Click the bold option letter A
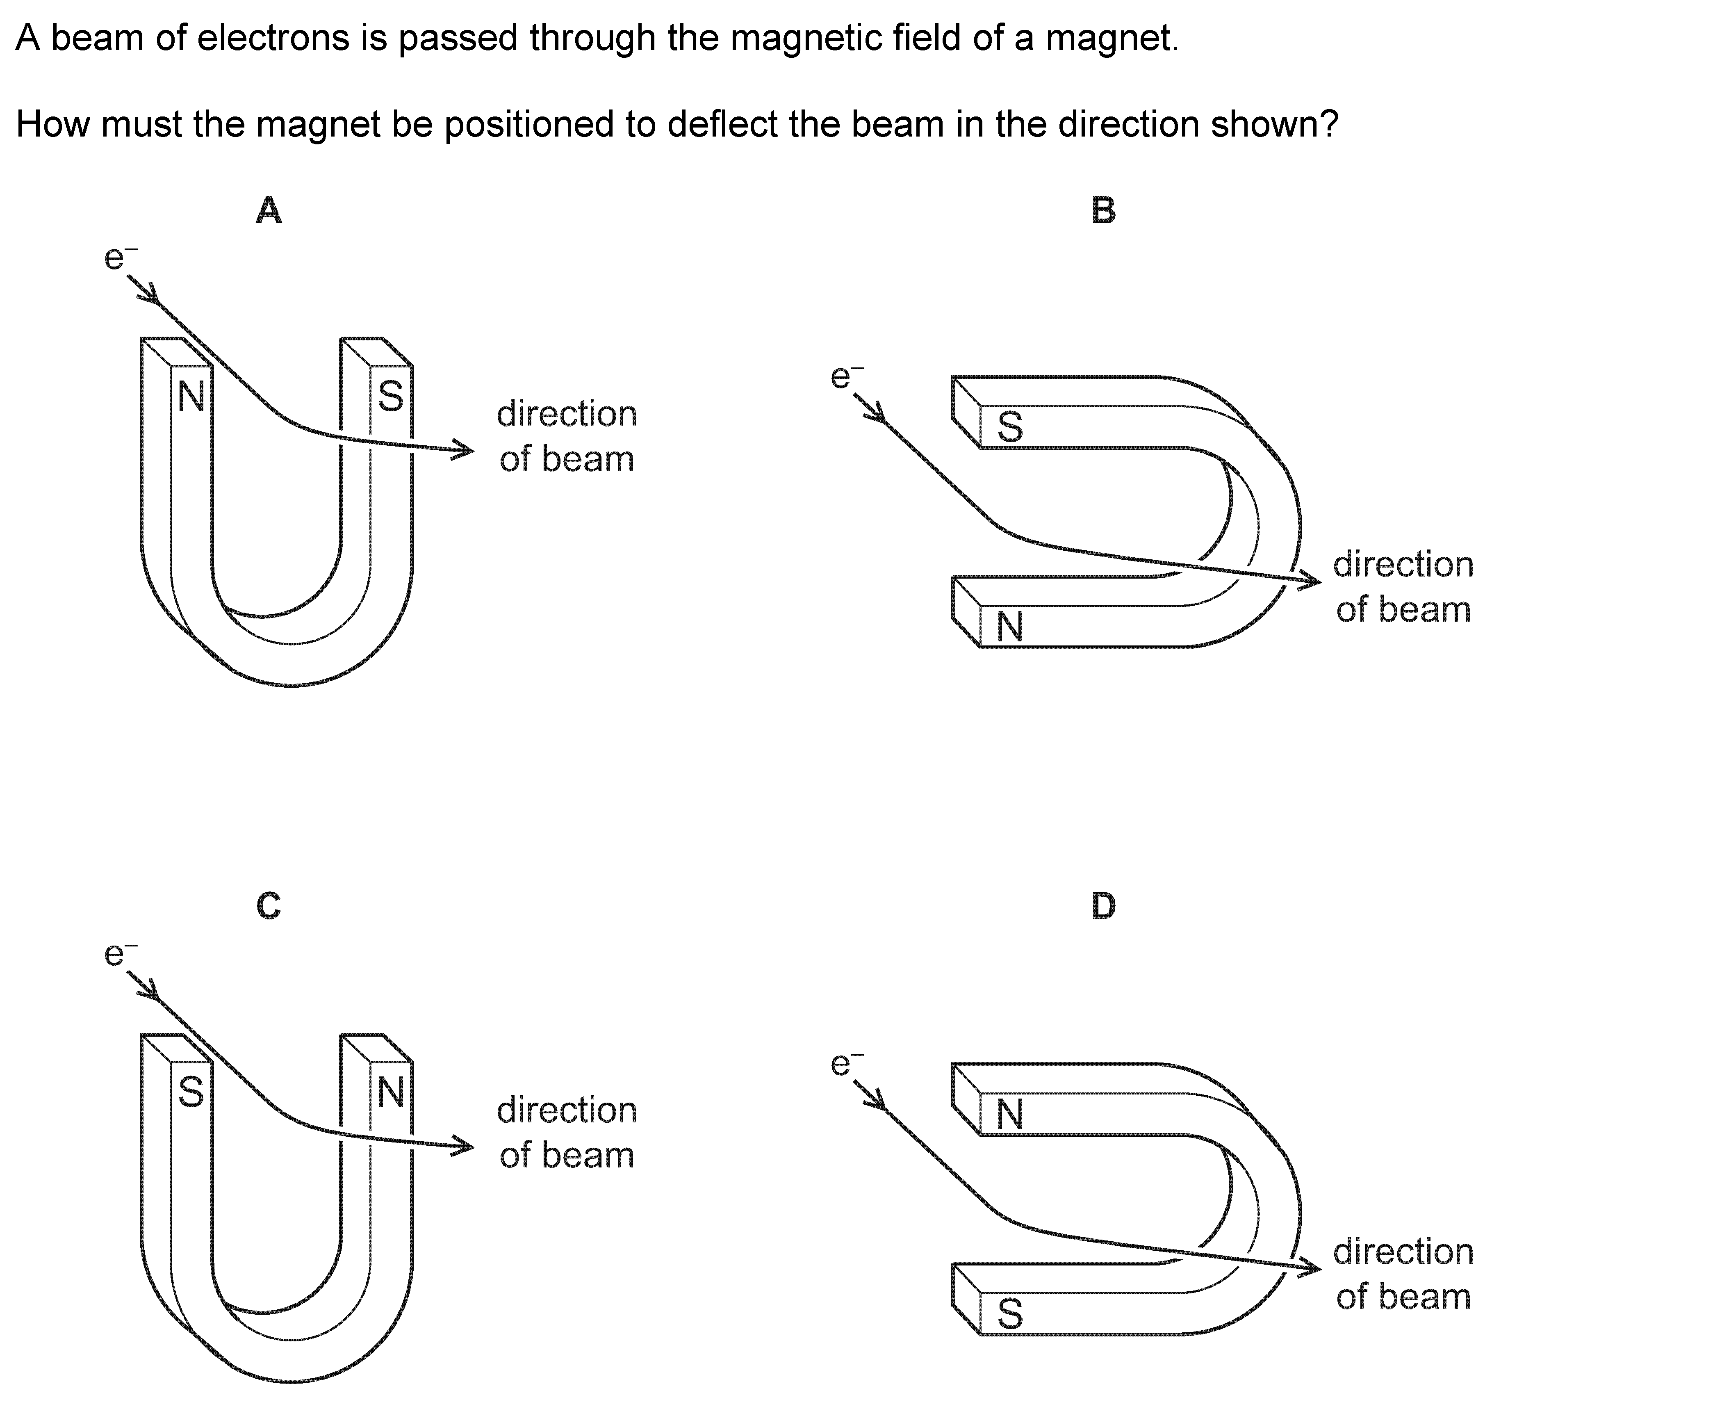click(269, 211)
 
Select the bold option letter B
click(1103, 211)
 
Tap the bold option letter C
click(269, 906)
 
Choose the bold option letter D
click(1103, 906)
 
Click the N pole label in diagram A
click(191, 397)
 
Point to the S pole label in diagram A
click(390, 397)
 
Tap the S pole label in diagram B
click(1009, 427)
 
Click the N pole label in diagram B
click(1009, 627)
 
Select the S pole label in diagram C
click(191, 1092)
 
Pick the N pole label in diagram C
click(390, 1092)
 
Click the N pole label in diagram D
click(1009, 1115)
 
